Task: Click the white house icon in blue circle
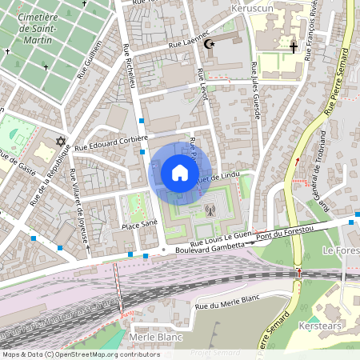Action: [179, 172]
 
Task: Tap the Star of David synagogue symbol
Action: [60, 142]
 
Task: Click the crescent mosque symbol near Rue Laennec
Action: [210, 45]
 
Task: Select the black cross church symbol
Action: [293, 49]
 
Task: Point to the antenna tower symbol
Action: [210, 211]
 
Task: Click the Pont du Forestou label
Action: [290, 232]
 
